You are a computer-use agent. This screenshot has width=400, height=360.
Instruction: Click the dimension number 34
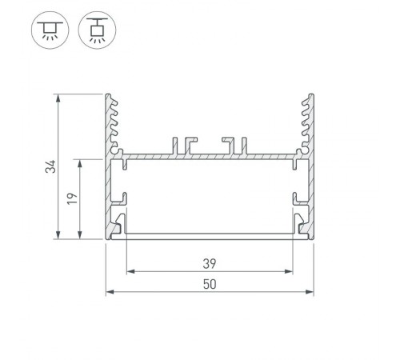click(50, 166)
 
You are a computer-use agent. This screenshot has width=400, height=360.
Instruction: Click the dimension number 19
click(72, 198)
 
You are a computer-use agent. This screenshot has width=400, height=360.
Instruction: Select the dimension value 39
click(210, 264)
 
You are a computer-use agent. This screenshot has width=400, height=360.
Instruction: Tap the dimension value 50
click(210, 284)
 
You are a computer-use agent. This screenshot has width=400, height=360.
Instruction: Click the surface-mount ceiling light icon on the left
click(50, 30)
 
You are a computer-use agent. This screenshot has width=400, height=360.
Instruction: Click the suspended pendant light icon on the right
click(97, 30)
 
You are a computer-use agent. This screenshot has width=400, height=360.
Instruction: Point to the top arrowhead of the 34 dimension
click(58, 98)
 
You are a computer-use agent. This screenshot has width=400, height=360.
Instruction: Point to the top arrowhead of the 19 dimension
click(79, 163)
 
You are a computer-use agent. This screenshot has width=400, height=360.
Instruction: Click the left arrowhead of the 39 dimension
click(130, 271)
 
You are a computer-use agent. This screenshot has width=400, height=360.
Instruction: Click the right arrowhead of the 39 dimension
click(289, 271)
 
